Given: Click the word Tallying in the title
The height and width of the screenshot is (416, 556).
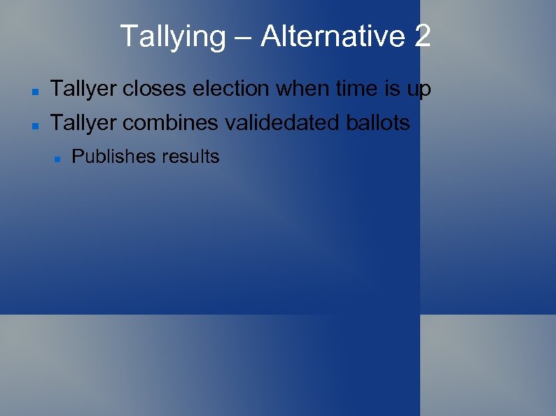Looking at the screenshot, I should (x=172, y=36).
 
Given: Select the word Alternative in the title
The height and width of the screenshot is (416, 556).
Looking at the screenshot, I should (x=331, y=36).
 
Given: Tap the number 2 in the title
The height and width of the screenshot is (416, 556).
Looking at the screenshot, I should (x=422, y=36).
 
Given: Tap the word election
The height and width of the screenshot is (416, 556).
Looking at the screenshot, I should (x=231, y=89).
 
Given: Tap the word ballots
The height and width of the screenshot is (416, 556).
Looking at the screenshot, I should (x=378, y=123).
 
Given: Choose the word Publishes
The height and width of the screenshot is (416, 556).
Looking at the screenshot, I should (x=114, y=157).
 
